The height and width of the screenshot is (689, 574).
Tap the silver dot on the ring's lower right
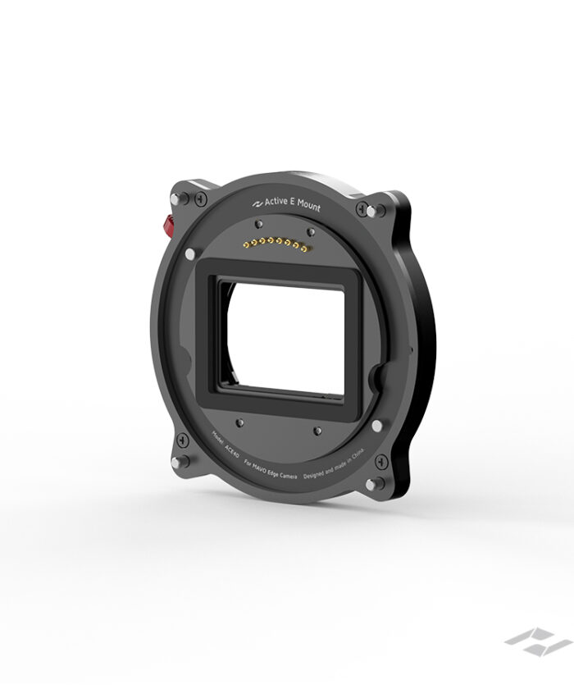(376, 425)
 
